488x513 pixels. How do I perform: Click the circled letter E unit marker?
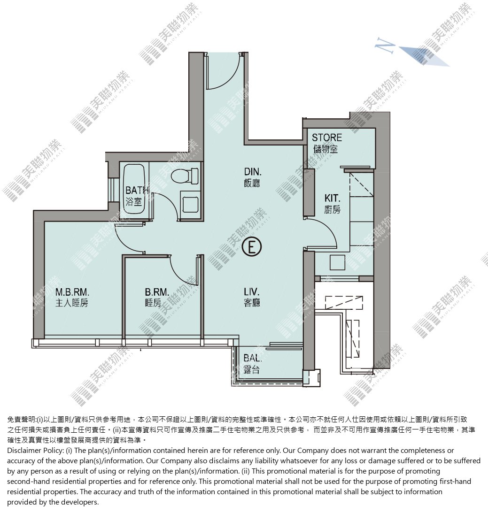tap(252, 247)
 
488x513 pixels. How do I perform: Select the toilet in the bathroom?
tap(185, 176)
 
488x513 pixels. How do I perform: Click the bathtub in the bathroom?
tap(134, 191)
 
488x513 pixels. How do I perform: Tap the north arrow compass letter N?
tap(384, 44)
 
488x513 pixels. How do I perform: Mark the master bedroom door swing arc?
tap(124, 244)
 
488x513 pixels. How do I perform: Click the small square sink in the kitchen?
tap(337, 262)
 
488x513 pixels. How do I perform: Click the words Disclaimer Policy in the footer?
tap(35, 451)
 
